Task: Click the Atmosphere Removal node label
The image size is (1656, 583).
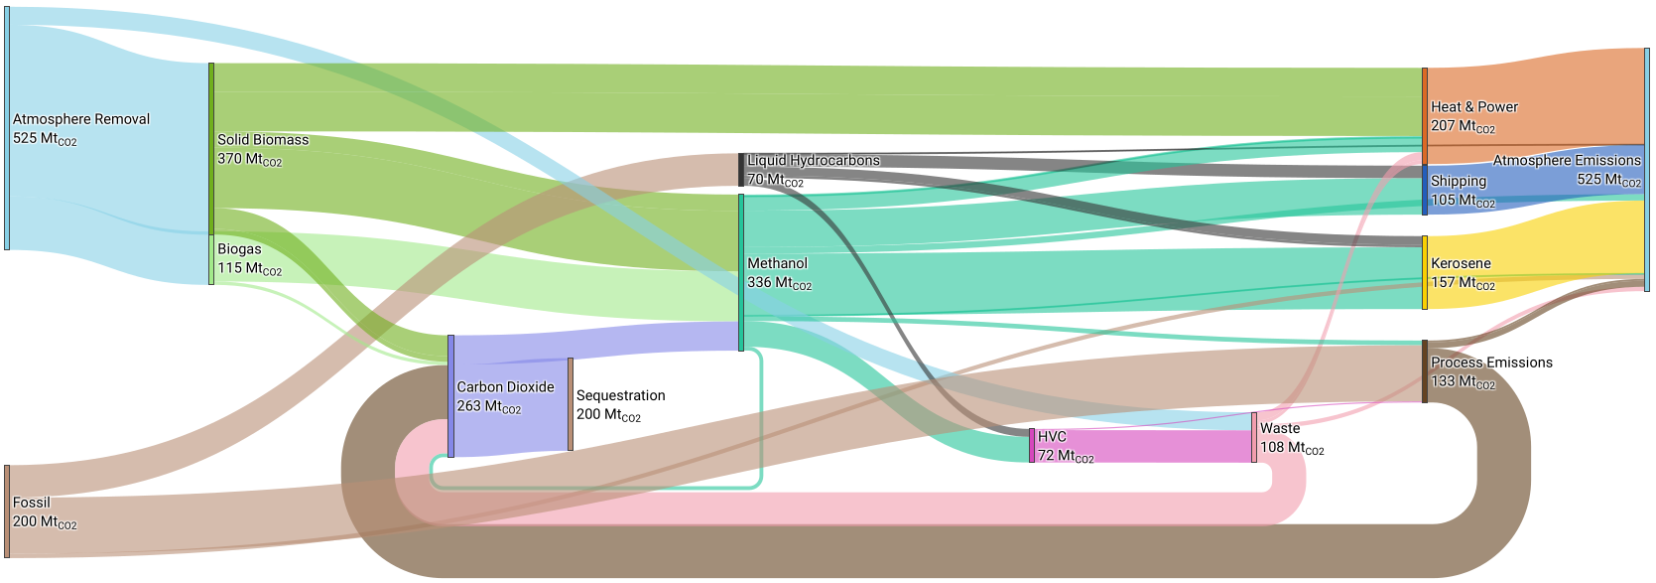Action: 80,119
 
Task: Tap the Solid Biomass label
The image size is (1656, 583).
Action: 263,140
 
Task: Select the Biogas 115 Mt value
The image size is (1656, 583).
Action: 249,269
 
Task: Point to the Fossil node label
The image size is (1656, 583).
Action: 31,503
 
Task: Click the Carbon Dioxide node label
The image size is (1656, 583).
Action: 505,387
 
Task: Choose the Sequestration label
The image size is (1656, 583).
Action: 620,395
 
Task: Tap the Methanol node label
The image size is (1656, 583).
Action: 777,263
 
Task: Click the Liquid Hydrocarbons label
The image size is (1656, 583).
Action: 814,160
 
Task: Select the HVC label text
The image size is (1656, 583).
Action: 1052,437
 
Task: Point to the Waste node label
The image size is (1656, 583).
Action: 1280,428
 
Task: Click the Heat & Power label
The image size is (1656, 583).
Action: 1474,107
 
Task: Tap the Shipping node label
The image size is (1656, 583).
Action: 1459,181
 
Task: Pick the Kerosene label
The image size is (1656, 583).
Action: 1461,263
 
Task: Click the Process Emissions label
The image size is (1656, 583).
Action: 1491,363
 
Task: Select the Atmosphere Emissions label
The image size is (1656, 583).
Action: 1567,160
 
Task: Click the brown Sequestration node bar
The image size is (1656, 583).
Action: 570,404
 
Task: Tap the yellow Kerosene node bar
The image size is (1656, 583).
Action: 1425,272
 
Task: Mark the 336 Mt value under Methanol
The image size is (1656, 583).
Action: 779,283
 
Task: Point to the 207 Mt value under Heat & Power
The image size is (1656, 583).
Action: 1463,127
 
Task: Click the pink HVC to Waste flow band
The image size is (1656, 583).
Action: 1141,447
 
